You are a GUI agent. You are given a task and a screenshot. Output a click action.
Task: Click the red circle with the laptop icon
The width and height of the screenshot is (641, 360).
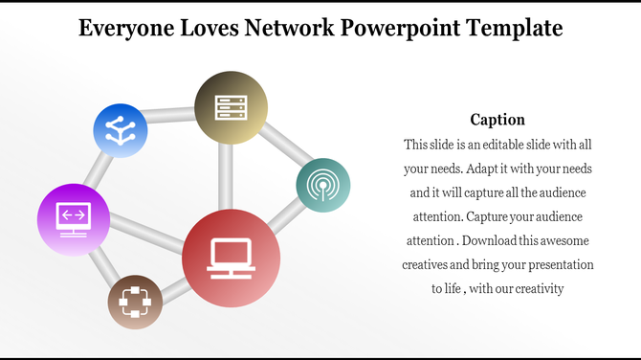click(231, 259)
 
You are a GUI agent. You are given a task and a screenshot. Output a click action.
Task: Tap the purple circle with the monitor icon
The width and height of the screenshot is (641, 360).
click(73, 219)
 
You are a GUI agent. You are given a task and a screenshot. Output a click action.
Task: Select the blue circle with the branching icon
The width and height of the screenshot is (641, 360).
click(121, 130)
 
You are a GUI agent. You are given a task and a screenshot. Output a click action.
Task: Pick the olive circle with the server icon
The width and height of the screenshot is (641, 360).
click(231, 107)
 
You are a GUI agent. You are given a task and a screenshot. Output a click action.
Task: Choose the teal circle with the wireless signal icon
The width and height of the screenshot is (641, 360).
click(323, 186)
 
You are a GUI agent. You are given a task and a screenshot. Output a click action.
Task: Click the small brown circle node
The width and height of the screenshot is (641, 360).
click(135, 302)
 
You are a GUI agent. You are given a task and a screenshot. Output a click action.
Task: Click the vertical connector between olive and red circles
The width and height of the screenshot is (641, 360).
click(226, 177)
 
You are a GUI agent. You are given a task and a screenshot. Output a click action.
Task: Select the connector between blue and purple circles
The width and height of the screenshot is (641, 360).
click(96, 169)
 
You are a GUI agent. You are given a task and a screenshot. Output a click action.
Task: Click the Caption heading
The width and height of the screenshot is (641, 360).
click(497, 120)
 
